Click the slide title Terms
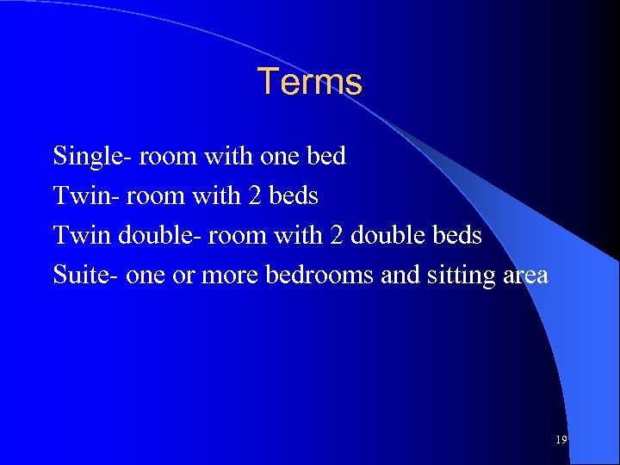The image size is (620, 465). [x=310, y=83]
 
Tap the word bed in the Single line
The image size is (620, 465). [x=327, y=157]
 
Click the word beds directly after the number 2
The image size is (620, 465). [x=293, y=196]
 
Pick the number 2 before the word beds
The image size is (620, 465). [x=255, y=196]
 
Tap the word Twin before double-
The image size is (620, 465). [x=83, y=235]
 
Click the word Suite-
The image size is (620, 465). [x=86, y=275]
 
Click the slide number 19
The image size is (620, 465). [x=561, y=440]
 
